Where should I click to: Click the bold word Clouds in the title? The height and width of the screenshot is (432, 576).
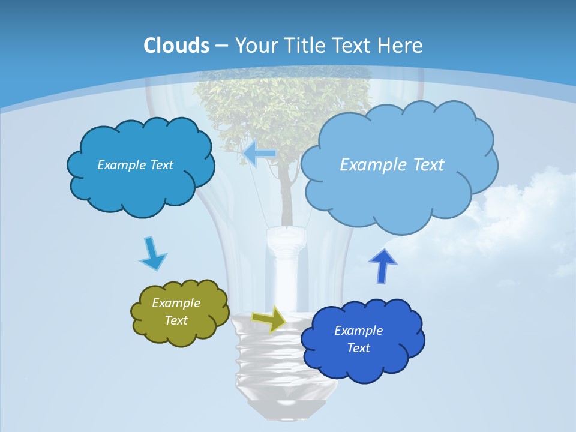pyautogui.click(x=176, y=46)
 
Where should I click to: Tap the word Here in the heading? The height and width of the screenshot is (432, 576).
pyautogui.click(x=400, y=46)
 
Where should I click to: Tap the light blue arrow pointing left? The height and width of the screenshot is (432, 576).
pyautogui.click(x=259, y=153)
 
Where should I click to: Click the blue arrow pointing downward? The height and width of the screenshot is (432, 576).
pyautogui.click(x=152, y=254)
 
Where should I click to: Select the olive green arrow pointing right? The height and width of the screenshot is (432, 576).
pyautogui.click(x=269, y=319)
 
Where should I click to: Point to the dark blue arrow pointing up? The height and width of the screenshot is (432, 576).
pyautogui.click(x=382, y=266)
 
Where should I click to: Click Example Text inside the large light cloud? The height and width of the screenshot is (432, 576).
pyautogui.click(x=392, y=164)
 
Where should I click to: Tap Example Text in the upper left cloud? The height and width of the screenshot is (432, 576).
pyautogui.click(x=135, y=165)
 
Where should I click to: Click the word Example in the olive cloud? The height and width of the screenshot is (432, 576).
pyautogui.click(x=176, y=303)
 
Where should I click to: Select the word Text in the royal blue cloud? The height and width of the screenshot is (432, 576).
pyautogui.click(x=358, y=348)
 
